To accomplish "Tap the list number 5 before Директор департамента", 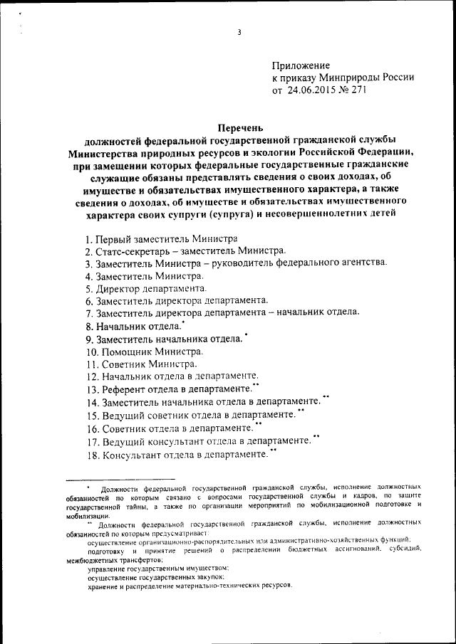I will coord(88,289).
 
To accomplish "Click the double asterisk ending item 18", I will coord(273,450).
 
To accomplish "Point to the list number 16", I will coord(91,428).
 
